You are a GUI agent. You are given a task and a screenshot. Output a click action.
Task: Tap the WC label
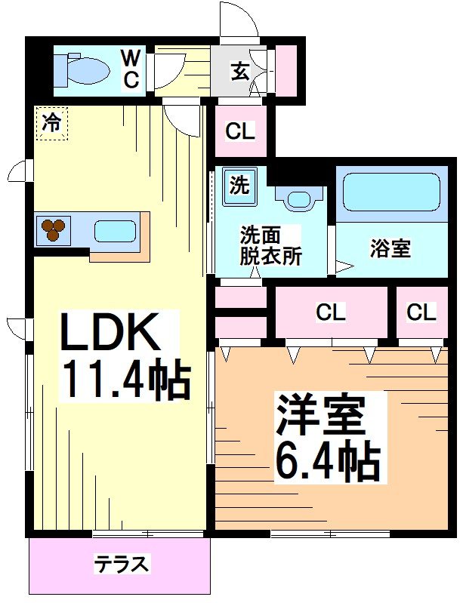point(131,69)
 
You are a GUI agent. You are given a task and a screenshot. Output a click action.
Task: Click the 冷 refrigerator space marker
point(51,123)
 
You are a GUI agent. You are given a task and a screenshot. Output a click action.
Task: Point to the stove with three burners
point(53,229)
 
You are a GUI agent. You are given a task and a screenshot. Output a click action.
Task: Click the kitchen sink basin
point(114,230)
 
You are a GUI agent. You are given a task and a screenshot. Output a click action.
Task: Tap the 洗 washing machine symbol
point(239,185)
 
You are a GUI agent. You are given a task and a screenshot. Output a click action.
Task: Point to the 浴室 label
point(390,248)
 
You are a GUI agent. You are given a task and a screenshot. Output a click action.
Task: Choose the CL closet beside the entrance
point(241,131)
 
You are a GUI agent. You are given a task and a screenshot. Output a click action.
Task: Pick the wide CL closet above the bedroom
point(331,312)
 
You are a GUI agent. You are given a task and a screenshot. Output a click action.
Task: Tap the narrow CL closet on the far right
point(421,312)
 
